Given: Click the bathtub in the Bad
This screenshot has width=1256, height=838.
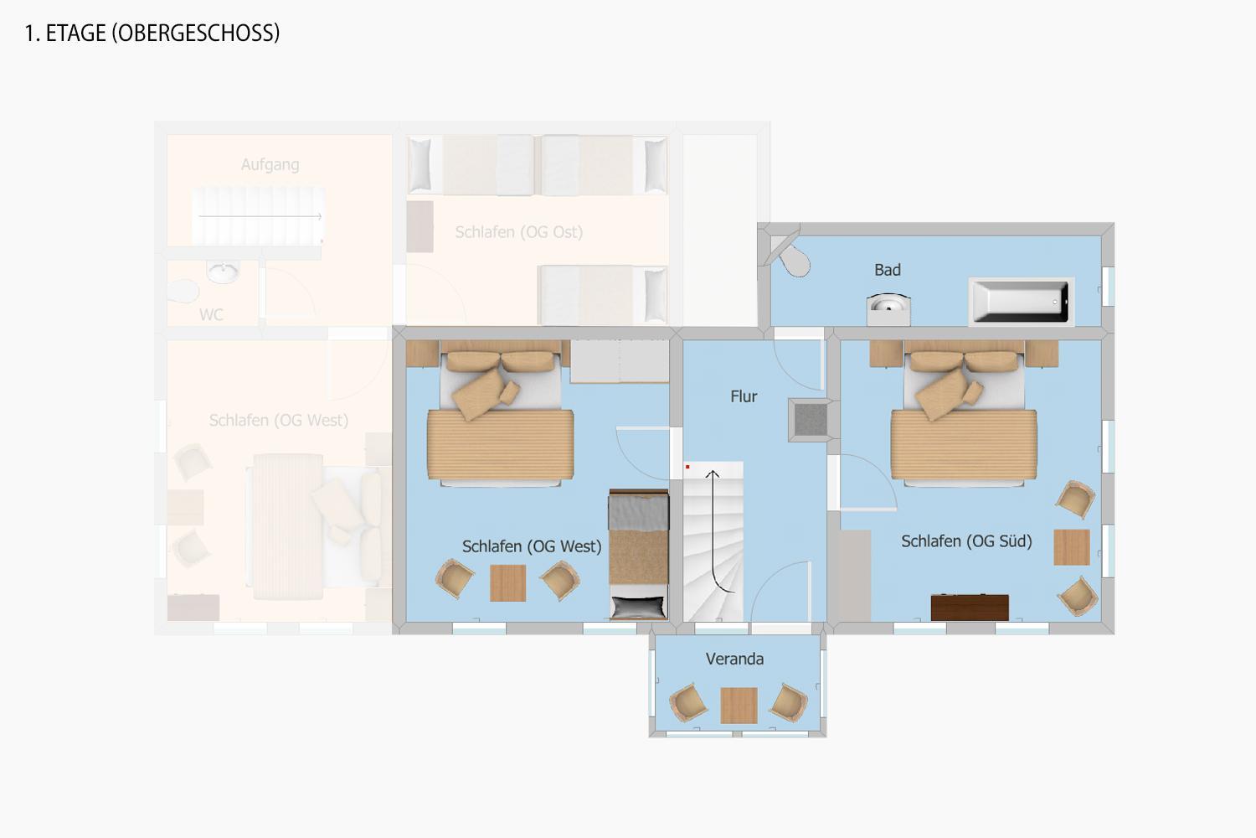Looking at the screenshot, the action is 1021,302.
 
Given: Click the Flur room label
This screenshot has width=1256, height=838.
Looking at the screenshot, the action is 744,397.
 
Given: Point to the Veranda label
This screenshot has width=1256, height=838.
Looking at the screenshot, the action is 734,659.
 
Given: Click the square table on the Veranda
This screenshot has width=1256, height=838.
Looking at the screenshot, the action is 739,706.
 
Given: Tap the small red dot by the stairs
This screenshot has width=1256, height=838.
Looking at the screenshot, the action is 687,467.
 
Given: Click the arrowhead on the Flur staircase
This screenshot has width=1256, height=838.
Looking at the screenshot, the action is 712,474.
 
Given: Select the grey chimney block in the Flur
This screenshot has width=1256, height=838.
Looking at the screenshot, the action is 811,419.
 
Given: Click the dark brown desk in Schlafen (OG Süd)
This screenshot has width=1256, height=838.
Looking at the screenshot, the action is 970,608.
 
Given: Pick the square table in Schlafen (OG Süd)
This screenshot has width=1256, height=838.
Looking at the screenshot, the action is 1072,546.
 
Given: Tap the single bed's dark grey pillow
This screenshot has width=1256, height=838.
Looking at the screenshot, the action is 638,608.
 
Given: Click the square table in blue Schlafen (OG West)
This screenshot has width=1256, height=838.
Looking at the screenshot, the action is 508,582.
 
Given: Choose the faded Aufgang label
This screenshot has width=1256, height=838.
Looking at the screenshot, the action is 270,165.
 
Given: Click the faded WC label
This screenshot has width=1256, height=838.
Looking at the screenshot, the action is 211,315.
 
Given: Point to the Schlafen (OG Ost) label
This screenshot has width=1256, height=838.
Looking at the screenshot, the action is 518,232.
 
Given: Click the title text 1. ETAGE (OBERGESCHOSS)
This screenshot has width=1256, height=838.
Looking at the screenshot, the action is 152,34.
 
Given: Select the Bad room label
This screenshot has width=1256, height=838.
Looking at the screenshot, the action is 888,270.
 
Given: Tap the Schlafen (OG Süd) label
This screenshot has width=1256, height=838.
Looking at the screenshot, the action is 966,541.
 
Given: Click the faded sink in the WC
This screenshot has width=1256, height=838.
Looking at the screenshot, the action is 224,272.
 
